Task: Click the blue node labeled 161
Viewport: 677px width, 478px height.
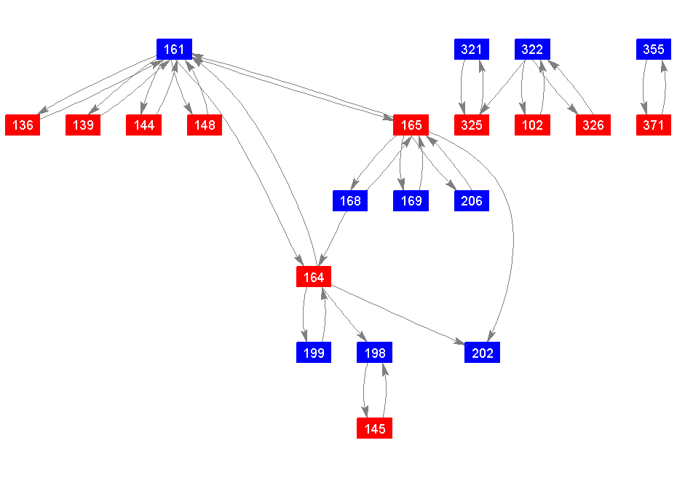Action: [174, 50]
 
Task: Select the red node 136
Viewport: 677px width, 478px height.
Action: [23, 125]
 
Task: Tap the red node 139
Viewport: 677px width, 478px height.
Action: [84, 125]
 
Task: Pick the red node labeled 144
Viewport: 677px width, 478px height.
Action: [144, 125]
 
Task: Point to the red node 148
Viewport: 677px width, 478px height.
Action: [205, 125]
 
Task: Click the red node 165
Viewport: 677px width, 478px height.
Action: [411, 125]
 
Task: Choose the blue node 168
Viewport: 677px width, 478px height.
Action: [350, 201]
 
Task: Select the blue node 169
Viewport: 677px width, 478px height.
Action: [411, 201]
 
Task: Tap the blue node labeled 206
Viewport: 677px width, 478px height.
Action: [472, 201]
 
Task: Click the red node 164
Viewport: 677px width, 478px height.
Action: [314, 278]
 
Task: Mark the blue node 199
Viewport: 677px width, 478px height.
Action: [314, 353]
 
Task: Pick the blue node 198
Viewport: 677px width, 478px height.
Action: [375, 353]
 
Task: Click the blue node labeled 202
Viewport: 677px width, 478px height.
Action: [482, 353]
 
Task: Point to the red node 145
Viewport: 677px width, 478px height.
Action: [375, 429]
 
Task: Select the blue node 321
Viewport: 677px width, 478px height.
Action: [472, 50]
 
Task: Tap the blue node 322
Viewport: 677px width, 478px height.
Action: [533, 50]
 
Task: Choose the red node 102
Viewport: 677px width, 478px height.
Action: [533, 125]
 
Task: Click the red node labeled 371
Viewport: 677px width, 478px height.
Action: [654, 125]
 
